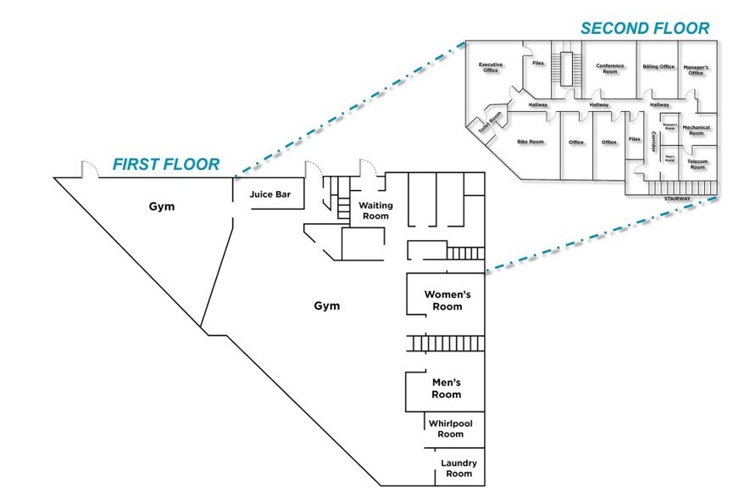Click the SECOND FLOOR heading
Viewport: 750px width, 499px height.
[644, 28]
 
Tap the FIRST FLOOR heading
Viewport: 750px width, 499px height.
[167, 164]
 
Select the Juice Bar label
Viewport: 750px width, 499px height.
[270, 194]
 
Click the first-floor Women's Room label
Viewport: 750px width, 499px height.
[447, 300]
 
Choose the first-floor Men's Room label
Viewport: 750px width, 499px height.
[446, 389]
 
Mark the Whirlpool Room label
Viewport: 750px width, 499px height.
[450, 429]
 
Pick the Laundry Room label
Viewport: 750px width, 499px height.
[458, 468]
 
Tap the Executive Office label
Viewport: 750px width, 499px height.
[491, 68]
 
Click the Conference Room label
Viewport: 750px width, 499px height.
[609, 69]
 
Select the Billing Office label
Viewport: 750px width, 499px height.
[658, 66]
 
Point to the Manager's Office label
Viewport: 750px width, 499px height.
[696, 70]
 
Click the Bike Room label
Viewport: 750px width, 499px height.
[531, 142]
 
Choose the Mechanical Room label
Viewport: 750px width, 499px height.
[696, 130]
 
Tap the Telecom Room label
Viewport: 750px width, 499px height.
[697, 165]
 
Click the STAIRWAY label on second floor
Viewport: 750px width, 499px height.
[678, 199]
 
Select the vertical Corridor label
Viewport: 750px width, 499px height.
[653, 142]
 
